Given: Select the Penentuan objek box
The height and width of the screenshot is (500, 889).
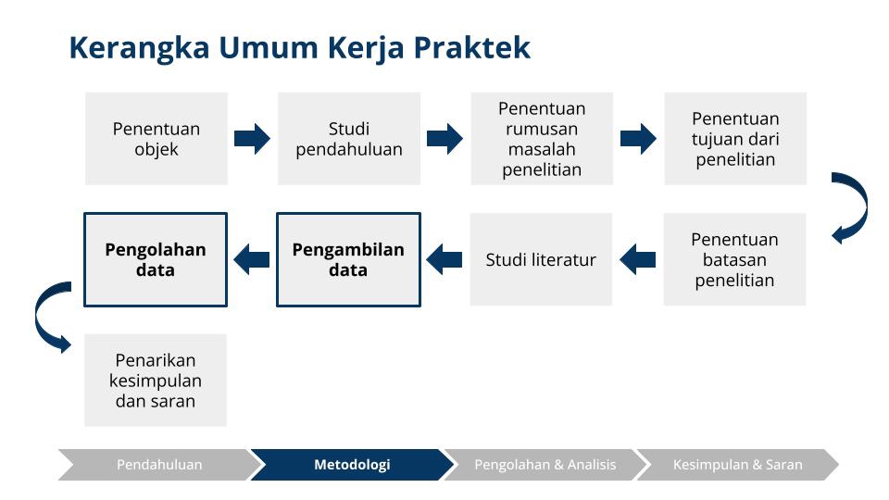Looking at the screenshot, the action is point(157,139).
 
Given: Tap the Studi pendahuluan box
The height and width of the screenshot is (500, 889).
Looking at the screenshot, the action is point(349,139).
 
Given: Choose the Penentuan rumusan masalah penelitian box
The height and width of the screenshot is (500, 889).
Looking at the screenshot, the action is point(542,139).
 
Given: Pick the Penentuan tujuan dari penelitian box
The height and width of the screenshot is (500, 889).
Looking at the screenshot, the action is point(735,139).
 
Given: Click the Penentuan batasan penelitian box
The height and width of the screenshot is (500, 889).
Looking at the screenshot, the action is point(734,259).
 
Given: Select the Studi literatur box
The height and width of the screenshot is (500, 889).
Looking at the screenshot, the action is point(541,259).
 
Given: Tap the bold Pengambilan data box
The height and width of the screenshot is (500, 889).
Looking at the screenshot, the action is point(348,260).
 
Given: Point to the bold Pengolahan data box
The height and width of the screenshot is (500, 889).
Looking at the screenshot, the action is point(156,260).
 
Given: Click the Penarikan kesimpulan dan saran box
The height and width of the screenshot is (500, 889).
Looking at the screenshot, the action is point(156,381).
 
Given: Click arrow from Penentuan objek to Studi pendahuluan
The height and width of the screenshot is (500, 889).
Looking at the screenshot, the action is point(252,139).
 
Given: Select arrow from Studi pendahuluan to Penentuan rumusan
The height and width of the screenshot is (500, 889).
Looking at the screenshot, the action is point(444,139).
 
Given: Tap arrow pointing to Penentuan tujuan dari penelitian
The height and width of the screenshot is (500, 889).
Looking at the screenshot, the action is point(638,139).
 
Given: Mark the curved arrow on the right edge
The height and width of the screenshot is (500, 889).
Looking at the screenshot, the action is point(852,207).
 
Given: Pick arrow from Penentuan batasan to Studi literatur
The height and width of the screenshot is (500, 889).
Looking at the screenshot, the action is point(637,259).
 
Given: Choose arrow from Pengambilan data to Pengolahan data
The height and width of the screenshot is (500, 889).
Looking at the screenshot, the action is point(252,259).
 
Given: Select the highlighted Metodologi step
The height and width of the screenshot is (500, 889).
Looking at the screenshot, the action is point(352,465).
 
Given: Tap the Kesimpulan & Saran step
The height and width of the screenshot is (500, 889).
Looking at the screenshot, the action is point(737,465).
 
